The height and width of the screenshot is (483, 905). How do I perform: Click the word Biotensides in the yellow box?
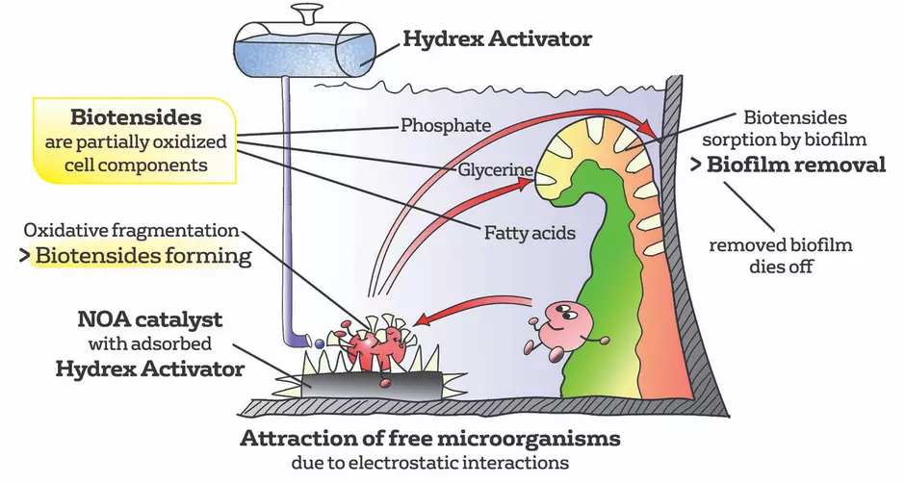tap(136, 118)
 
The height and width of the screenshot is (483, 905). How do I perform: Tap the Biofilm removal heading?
tap(796, 165)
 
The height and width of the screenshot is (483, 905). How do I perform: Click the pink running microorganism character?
tap(563, 327)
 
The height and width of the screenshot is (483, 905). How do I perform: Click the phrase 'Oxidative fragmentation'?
tap(132, 231)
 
